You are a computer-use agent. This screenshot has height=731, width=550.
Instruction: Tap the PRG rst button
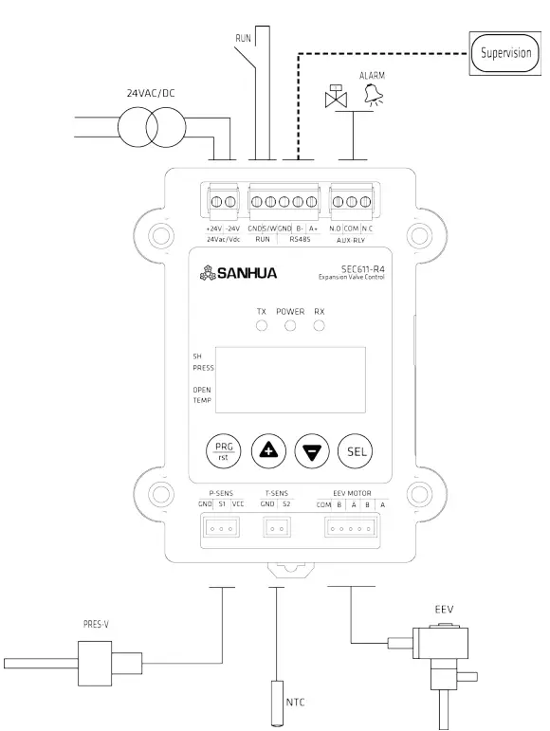point(224,450)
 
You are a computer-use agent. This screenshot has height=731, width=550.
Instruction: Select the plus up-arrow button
point(267,451)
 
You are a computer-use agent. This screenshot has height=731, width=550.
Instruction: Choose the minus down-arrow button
point(310,451)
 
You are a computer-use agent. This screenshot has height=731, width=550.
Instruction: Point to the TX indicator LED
point(261,326)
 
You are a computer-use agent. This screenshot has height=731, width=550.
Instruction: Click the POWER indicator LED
point(290,326)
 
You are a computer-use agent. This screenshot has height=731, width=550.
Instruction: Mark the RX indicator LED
point(320,326)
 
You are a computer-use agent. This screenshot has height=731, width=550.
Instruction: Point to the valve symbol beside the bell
point(335,98)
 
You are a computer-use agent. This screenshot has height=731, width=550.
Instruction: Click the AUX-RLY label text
point(350,240)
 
